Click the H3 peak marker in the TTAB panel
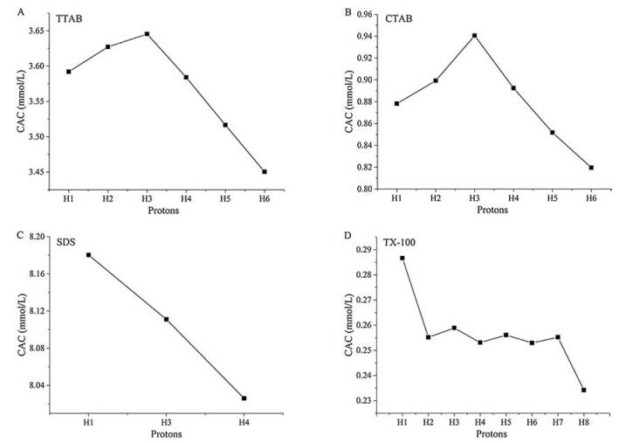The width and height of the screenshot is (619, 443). (x=148, y=34)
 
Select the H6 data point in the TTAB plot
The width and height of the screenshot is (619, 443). (x=264, y=171)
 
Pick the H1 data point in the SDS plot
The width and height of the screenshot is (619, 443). (x=89, y=255)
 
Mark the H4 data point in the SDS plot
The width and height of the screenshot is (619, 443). (x=244, y=398)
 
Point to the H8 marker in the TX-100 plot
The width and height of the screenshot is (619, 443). (x=583, y=390)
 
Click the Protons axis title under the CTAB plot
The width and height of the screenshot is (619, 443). (x=493, y=211)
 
